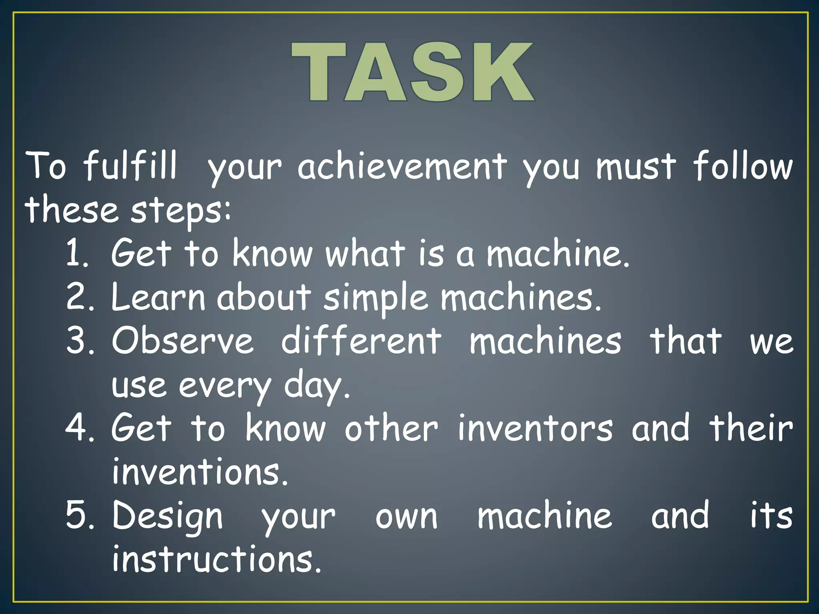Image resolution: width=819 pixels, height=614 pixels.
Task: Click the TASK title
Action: [413, 72]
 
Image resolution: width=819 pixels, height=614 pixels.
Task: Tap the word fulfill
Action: [130, 165]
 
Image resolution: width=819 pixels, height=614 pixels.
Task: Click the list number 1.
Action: [76, 253]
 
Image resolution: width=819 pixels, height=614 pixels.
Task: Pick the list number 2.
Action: [79, 297]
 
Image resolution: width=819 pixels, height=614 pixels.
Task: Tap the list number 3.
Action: [79, 341]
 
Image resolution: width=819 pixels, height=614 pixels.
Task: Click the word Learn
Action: [158, 297]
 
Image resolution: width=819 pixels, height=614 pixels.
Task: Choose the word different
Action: [361, 341]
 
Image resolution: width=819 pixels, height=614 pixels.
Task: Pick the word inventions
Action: [200, 472]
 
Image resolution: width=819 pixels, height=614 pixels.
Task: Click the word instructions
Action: [216, 559]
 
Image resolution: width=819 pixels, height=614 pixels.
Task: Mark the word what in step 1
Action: [365, 253]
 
